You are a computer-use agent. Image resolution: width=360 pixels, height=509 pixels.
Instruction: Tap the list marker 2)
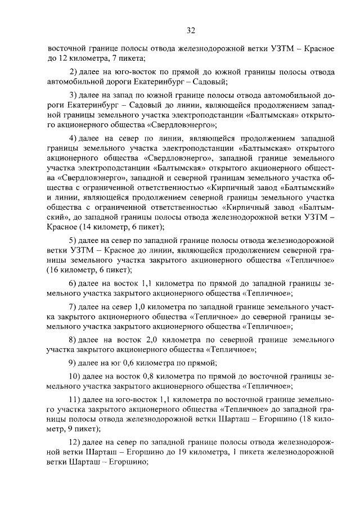point(73,72)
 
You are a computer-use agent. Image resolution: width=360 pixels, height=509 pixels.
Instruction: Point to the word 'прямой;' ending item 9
point(205,362)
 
